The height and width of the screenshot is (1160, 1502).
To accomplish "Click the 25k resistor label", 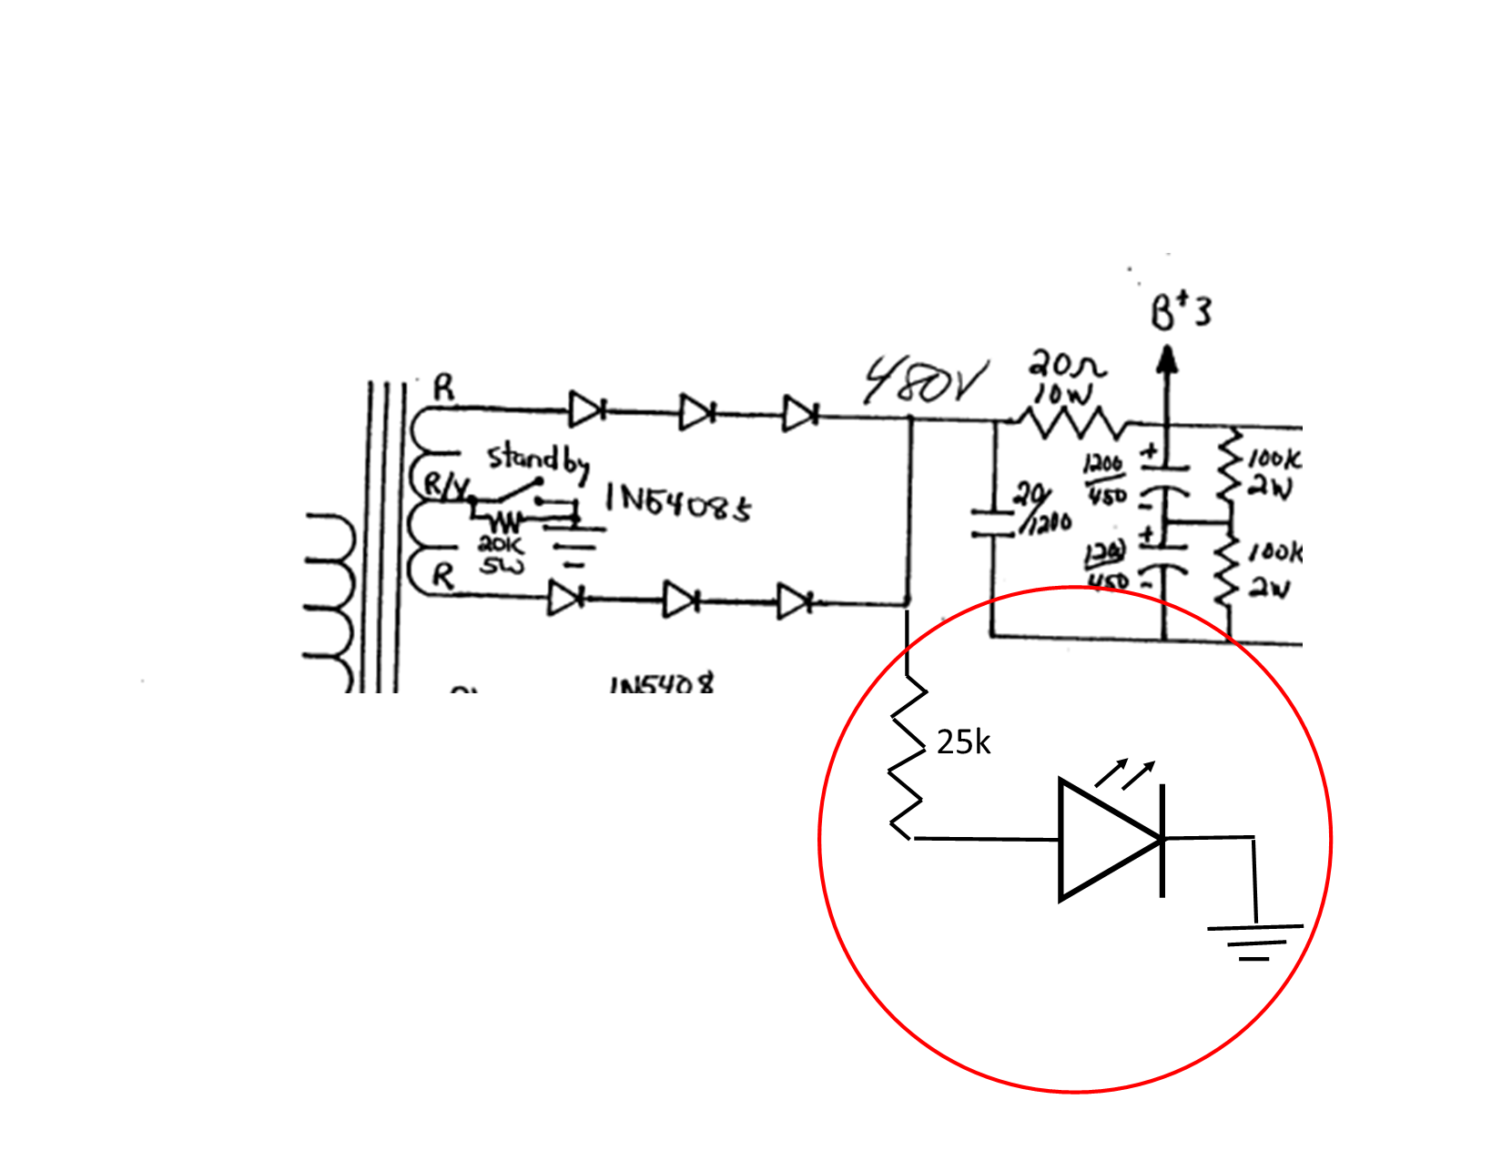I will [x=963, y=743].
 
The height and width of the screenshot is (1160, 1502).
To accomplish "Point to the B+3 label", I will [x=1181, y=312].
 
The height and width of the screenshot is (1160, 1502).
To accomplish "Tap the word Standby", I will [x=537, y=459].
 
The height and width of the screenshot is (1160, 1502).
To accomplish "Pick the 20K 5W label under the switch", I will [x=502, y=555].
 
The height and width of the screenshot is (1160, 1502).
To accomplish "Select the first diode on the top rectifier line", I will [x=585, y=409].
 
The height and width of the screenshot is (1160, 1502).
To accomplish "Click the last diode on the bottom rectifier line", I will [x=795, y=601].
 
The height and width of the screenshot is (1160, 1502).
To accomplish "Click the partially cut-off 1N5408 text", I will [x=662, y=683].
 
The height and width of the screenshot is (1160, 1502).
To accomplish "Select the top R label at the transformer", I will [x=442, y=388].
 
